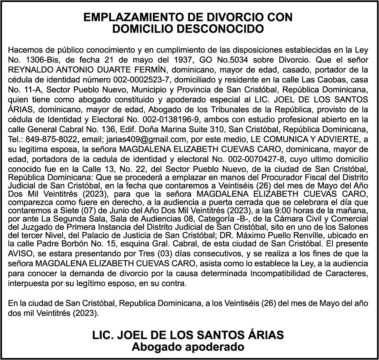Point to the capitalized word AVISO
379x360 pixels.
(19, 254)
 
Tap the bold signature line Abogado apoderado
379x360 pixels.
(188, 346)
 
